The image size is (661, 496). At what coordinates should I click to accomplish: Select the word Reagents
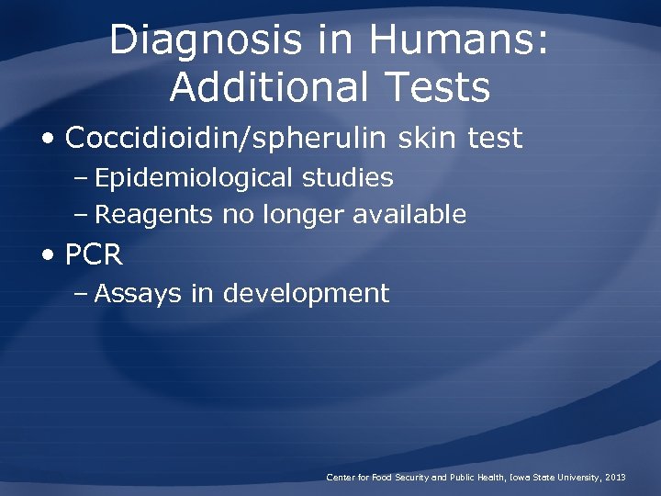coord(155,215)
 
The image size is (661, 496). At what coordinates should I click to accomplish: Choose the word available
coord(411,215)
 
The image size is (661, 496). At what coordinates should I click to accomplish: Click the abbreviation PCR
coord(94,254)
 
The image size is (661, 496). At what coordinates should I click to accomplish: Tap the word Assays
coord(140,294)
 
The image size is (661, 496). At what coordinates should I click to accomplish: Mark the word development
coord(306,294)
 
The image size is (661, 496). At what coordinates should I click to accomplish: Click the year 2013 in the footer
coord(616,477)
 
